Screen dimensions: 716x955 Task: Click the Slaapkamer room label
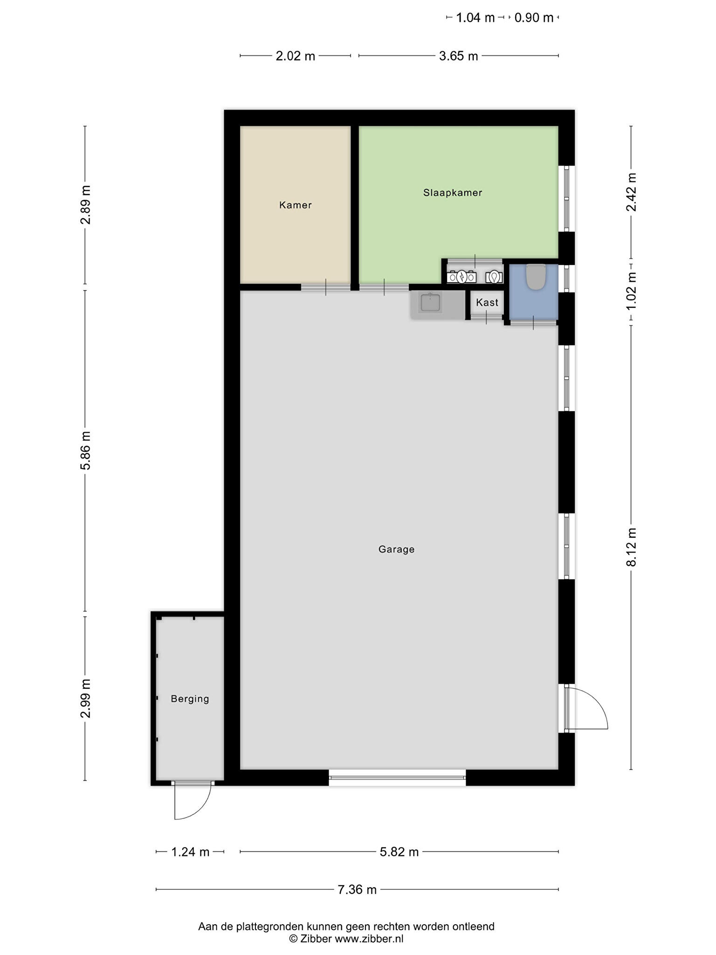pyautogui.click(x=452, y=193)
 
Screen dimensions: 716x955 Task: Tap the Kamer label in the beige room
pyautogui.click(x=295, y=205)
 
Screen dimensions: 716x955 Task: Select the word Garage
pyautogui.click(x=396, y=549)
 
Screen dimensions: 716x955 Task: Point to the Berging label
pyautogui.click(x=190, y=699)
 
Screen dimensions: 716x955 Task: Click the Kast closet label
pyautogui.click(x=487, y=302)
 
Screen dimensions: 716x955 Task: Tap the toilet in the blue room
pyautogui.click(x=536, y=277)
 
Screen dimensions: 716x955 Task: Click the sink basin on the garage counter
pyautogui.click(x=430, y=302)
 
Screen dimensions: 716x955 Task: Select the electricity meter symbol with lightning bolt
pyautogui.click(x=461, y=277)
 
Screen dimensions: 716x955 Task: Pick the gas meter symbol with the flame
pyautogui.click(x=494, y=277)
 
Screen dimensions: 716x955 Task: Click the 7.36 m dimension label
pyautogui.click(x=357, y=890)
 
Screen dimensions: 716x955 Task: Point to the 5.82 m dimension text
pyautogui.click(x=399, y=852)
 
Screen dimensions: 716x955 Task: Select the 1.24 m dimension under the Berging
pyautogui.click(x=190, y=852)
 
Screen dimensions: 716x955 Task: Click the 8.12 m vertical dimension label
pyautogui.click(x=631, y=547)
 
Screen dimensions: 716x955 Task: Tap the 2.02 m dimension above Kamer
pyautogui.click(x=296, y=56)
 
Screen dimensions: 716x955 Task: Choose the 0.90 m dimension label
pyautogui.click(x=534, y=18)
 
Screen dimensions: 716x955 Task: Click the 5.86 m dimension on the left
pyautogui.click(x=85, y=451)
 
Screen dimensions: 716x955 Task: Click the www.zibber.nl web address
pyautogui.click(x=369, y=939)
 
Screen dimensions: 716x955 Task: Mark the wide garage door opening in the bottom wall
pyautogui.click(x=397, y=777)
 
